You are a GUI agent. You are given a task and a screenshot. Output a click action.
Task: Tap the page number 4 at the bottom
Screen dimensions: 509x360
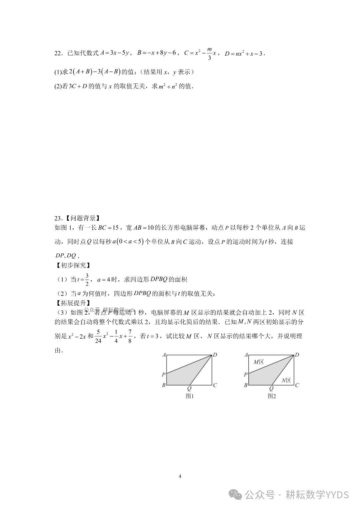(180, 476)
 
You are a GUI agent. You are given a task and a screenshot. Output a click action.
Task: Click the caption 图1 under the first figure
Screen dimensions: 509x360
(190, 396)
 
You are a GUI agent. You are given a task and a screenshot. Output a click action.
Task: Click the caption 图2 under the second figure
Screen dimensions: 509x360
(272, 396)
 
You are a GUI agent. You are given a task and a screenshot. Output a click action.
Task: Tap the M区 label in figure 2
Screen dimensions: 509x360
(259, 362)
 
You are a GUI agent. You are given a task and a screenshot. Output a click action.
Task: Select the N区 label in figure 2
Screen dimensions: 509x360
(286, 380)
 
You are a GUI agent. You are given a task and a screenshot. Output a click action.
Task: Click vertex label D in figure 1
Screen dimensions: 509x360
(215, 355)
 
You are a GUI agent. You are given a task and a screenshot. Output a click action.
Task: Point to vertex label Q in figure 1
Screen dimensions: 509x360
(189, 388)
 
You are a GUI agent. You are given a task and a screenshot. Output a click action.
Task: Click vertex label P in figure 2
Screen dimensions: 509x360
(245, 374)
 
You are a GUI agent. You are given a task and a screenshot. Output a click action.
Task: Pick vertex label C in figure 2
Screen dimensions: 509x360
(297, 385)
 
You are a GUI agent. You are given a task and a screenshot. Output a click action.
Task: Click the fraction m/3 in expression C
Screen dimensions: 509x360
(209, 53)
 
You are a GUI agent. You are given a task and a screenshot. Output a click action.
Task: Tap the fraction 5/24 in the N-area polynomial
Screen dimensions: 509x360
(98, 336)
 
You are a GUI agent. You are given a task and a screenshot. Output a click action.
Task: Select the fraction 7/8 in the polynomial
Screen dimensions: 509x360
(130, 336)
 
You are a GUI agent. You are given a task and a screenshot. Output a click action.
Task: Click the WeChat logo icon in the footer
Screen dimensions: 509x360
(237, 495)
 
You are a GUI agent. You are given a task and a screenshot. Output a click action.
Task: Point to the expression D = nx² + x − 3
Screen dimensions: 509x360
(244, 53)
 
